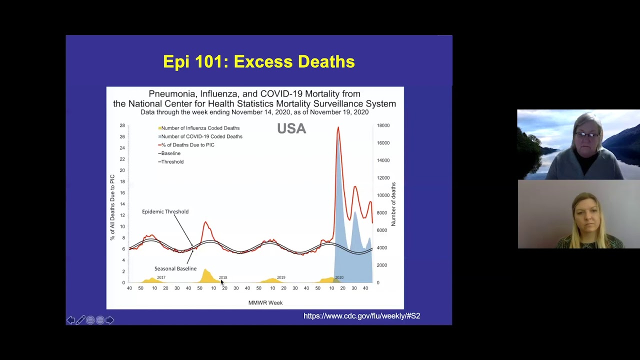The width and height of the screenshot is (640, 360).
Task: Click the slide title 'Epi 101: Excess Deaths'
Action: click(259, 61)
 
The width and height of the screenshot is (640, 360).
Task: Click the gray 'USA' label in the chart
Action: click(291, 128)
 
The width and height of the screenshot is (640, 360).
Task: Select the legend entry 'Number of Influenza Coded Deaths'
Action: click(200, 128)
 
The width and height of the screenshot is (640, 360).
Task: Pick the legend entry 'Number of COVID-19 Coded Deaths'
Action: click(201, 136)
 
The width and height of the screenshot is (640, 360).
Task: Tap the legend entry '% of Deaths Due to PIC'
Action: click(187, 145)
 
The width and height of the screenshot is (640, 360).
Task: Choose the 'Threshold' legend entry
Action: click(172, 162)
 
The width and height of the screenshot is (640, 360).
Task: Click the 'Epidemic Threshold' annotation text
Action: click(165, 211)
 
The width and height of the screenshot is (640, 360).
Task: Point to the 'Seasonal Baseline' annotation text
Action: click(175, 268)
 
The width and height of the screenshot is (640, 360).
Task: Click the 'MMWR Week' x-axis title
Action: click(265, 302)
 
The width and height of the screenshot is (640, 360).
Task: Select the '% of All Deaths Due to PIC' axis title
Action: click(112, 207)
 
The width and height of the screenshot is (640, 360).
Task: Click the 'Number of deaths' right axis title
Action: click(393, 204)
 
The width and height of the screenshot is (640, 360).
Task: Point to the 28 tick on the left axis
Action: click(122, 125)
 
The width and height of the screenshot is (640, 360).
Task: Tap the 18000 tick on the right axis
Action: click(383, 125)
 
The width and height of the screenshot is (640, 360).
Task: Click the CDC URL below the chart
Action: click(361, 316)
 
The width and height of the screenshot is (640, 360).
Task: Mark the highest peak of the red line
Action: click(338, 128)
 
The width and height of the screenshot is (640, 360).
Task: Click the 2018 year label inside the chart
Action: click(223, 277)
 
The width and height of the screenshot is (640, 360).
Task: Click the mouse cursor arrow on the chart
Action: click(222, 282)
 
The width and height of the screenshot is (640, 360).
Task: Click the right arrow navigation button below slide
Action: click(109, 320)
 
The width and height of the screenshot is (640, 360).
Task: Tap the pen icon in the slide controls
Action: click(80, 320)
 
